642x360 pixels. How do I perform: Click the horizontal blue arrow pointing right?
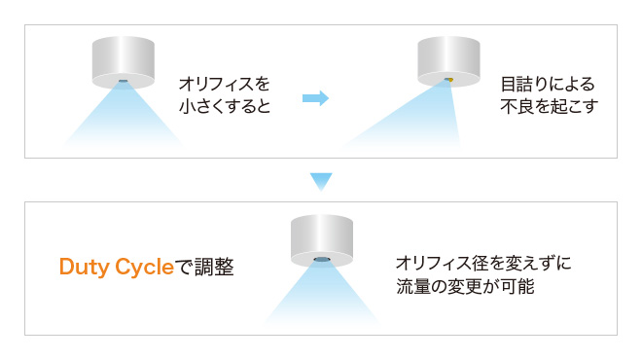315,97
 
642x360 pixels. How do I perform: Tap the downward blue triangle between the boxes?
320,181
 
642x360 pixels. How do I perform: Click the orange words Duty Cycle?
116,266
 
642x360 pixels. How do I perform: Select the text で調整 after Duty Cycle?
204,266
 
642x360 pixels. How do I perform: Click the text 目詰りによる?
541,83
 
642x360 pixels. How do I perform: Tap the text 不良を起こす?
541,107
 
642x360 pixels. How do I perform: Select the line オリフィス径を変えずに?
483,263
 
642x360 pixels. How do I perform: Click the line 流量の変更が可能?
465,287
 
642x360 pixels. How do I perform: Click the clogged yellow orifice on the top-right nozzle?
448,79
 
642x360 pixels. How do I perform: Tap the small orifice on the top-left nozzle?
124,80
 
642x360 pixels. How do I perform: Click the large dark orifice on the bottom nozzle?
321,260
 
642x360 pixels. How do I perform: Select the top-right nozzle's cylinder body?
448,55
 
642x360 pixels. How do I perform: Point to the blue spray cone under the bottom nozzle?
321,297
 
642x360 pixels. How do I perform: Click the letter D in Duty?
66,266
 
